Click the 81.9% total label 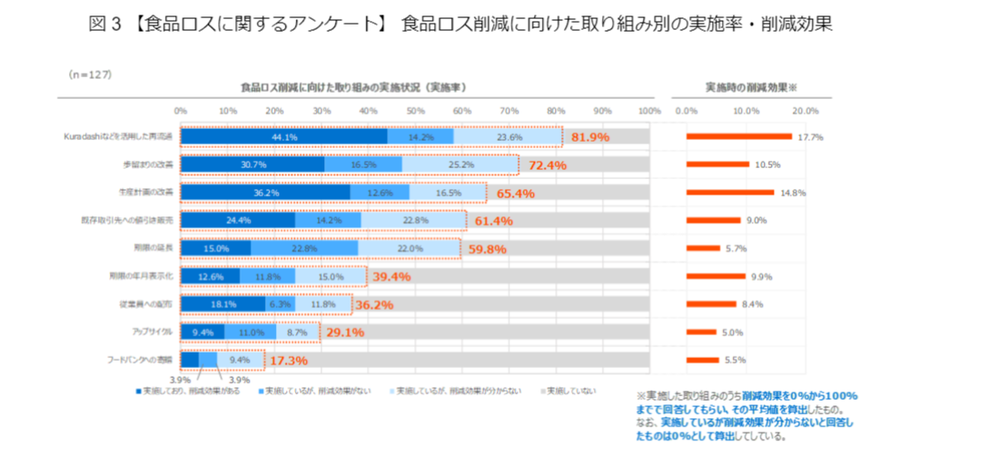click(590, 137)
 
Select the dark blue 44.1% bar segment click(284, 136)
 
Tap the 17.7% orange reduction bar click(739, 136)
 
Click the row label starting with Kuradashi click(118, 136)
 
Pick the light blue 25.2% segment click(460, 164)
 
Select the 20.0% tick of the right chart click(806, 110)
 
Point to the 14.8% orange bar click(730, 193)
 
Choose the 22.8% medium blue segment click(305, 248)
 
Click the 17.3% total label click(289, 361)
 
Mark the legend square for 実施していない click(544, 391)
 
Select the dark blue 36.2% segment click(265, 193)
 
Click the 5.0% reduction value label click(733, 333)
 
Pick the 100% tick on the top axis click(649, 110)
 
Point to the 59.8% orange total click(487, 249)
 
